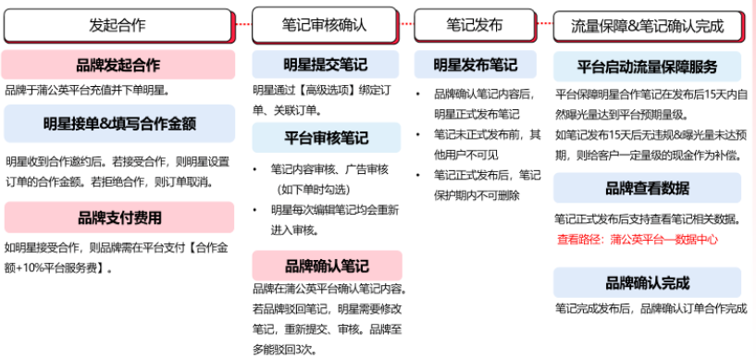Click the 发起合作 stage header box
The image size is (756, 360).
(118, 25)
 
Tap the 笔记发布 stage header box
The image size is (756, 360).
(475, 25)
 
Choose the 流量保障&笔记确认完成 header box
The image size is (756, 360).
(651, 25)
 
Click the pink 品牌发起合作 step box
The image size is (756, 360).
(118, 65)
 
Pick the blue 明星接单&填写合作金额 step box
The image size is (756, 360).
(118, 122)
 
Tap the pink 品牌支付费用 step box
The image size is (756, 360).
(118, 217)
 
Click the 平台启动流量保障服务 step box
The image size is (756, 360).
(648, 67)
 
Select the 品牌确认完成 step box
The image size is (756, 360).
(648, 282)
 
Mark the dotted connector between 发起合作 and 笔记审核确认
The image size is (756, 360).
(242, 24)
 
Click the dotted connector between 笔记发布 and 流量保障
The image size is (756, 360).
(544, 24)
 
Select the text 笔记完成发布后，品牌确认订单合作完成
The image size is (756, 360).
(650, 308)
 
